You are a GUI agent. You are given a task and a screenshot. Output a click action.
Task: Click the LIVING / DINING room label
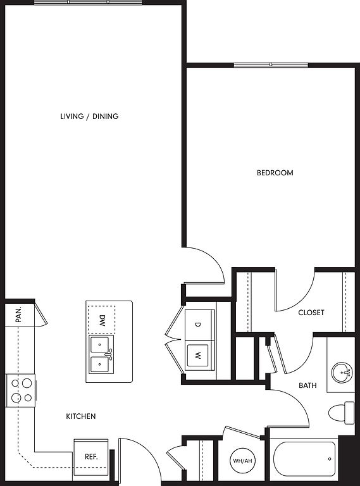[x=89, y=116]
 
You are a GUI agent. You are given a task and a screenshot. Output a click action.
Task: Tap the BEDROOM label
[x=275, y=173]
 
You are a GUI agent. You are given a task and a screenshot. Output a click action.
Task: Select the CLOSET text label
[x=311, y=313]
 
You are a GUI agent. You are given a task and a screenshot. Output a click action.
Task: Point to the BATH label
[x=307, y=385]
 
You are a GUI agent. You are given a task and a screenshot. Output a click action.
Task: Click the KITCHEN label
[x=81, y=416]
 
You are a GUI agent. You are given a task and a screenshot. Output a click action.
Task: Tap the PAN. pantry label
[x=18, y=315]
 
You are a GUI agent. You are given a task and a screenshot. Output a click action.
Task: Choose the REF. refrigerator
[x=91, y=457]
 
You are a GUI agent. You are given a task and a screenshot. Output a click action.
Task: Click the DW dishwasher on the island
[x=102, y=320]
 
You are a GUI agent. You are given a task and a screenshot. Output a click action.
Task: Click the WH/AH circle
[x=242, y=461]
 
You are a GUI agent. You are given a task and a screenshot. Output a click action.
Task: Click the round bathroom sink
[x=342, y=372]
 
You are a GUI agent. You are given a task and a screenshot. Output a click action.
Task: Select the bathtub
[x=304, y=459]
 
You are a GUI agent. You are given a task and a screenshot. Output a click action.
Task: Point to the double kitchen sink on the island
[x=101, y=354]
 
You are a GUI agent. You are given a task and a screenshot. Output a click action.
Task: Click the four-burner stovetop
[x=21, y=390]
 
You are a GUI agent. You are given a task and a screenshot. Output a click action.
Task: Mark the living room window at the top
[x=88, y=3]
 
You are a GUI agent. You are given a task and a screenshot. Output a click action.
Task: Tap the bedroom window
[x=271, y=65]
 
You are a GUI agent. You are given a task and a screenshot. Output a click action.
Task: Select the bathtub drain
[x=330, y=459]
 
